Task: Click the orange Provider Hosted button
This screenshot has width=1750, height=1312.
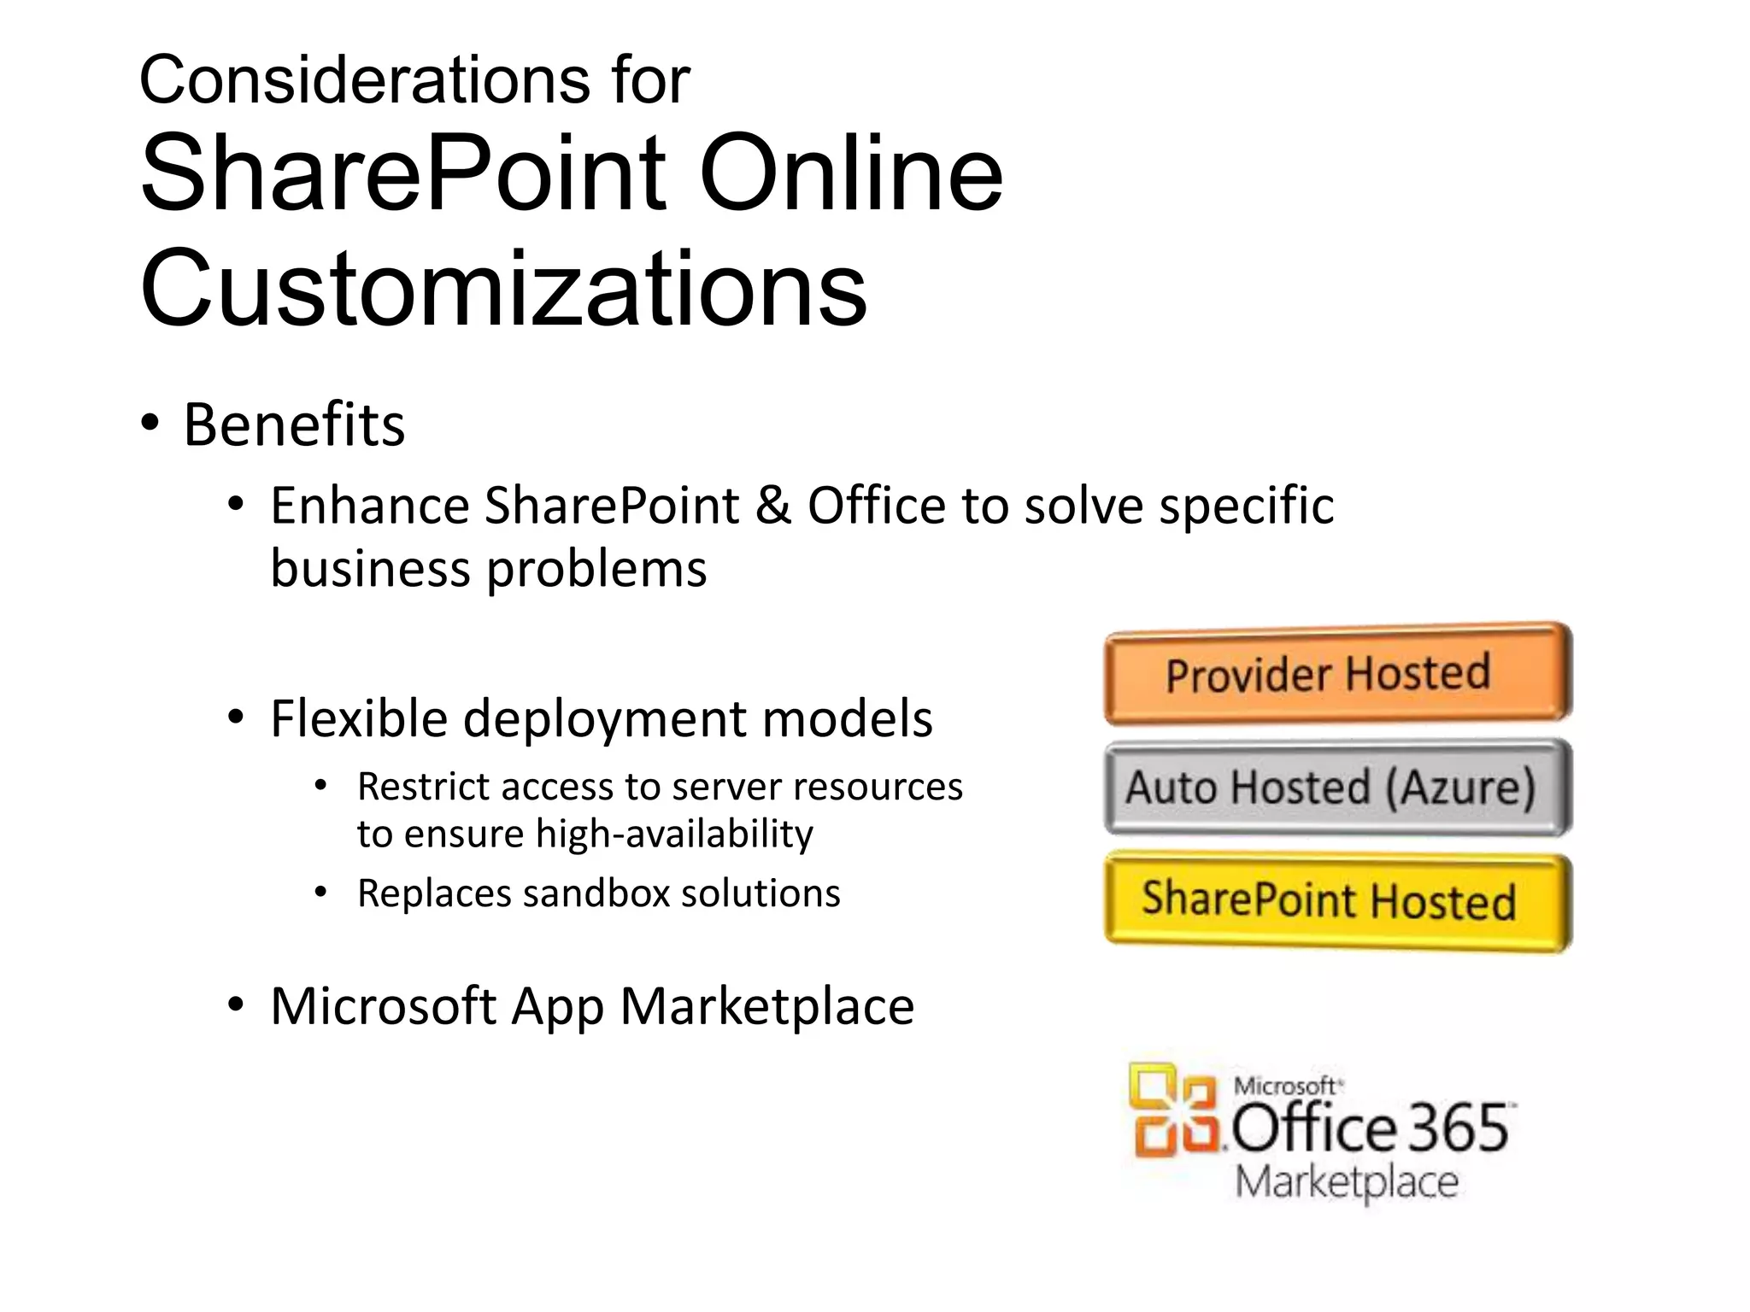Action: (x=1337, y=674)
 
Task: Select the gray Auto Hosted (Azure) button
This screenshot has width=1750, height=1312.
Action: (x=1337, y=787)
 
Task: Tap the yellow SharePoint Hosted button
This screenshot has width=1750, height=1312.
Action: (x=1337, y=900)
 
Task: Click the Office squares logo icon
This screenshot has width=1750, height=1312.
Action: (x=1174, y=1111)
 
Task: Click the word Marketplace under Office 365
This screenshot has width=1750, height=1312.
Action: (x=1347, y=1183)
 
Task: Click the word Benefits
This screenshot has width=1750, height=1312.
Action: (x=294, y=425)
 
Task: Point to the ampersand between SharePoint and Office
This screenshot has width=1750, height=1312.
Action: (x=772, y=505)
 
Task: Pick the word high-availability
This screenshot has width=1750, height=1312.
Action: (x=674, y=834)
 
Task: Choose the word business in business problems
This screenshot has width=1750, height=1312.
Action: (x=370, y=569)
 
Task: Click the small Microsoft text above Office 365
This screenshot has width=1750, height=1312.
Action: (x=1286, y=1086)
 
